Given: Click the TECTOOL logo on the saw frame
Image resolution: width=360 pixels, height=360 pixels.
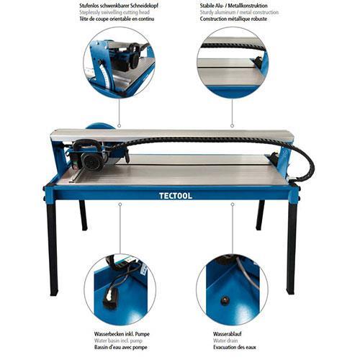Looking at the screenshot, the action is click(x=176, y=196).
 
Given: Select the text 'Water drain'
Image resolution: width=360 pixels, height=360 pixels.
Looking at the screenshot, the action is click(x=225, y=341).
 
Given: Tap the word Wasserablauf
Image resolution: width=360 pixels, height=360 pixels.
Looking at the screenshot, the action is click(x=227, y=334).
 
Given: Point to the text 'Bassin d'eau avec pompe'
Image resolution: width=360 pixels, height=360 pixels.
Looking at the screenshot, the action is click(x=120, y=347).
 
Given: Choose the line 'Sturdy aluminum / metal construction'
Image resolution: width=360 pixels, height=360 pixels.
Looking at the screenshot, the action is click(x=239, y=12).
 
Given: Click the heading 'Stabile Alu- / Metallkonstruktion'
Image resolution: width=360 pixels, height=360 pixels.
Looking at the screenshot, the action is click(x=233, y=6).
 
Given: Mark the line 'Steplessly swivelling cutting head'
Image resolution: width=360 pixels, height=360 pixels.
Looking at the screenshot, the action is click(x=114, y=12).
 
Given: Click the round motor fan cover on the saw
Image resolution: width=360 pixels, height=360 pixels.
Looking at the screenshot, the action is click(x=92, y=163).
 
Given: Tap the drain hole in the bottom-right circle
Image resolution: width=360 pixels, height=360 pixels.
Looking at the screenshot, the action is click(x=225, y=300).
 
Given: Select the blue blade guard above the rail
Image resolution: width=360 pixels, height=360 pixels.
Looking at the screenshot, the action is click(x=100, y=126).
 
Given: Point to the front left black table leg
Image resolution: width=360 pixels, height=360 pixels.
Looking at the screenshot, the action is click(x=52, y=247).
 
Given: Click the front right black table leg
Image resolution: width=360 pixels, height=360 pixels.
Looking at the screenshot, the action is click(x=292, y=247).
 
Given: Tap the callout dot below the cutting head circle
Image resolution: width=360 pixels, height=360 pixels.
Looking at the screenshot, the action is click(x=119, y=125).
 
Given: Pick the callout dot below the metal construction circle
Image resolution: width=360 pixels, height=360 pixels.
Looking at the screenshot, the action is click(x=232, y=125).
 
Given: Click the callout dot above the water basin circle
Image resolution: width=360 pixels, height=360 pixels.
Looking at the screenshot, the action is click(x=120, y=204).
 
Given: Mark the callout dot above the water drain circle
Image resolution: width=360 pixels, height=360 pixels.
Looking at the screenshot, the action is click(x=233, y=204).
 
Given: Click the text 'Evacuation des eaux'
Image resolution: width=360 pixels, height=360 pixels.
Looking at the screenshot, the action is click(x=235, y=347).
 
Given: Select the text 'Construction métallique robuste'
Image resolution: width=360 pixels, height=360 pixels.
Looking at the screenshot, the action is click(x=233, y=19).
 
